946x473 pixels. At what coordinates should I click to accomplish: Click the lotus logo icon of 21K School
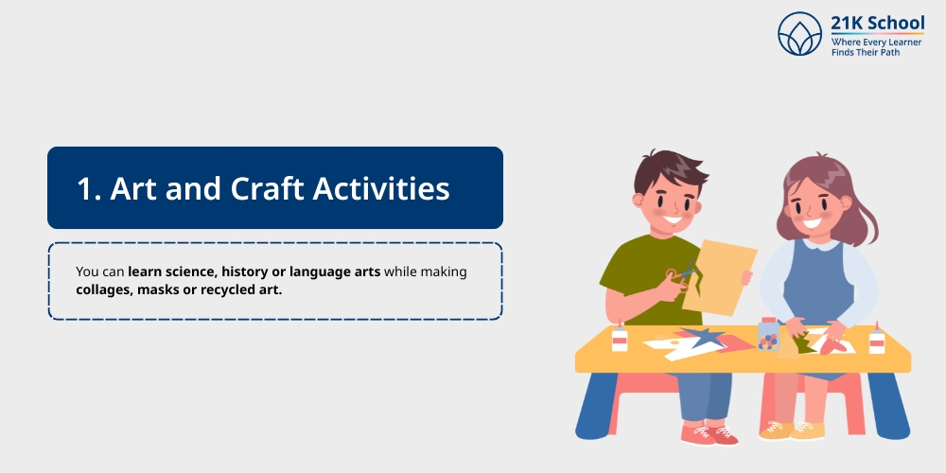[x=799, y=34]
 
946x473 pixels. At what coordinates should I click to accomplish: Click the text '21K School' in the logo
[x=877, y=24]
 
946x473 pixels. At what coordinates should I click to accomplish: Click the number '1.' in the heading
[x=89, y=188]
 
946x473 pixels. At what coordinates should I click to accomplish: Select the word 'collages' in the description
[x=103, y=289]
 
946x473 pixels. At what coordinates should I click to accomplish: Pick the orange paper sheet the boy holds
[x=725, y=274]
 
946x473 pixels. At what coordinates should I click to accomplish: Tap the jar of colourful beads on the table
[x=769, y=335]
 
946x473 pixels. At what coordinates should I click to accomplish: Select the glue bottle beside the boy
[x=620, y=338]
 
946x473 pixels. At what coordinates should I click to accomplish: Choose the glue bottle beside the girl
[x=877, y=338]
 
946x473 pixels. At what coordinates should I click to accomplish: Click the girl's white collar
[x=819, y=245]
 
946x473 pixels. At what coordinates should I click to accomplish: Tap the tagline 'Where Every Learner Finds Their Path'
[x=877, y=46]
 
